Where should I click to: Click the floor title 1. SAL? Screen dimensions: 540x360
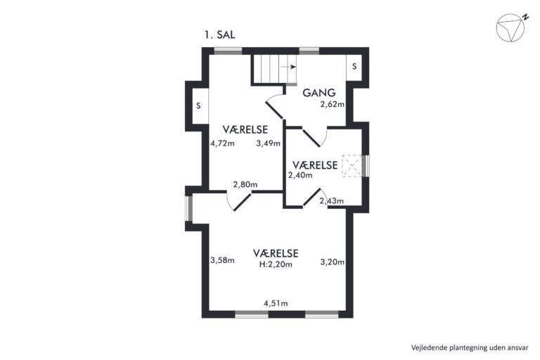[x=219, y=34]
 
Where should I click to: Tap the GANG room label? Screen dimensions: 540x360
[x=319, y=93]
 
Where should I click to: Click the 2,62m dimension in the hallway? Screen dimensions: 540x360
[x=333, y=104]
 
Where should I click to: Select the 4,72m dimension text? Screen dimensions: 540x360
[x=222, y=143]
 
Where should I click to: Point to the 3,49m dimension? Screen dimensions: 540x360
[x=269, y=143]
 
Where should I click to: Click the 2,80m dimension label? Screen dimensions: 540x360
[x=245, y=185]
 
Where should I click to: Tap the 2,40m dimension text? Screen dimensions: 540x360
[x=300, y=175]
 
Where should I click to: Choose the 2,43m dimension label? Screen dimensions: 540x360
[x=332, y=201]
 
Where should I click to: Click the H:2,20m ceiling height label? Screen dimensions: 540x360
[x=276, y=264]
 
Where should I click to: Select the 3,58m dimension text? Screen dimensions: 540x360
[x=222, y=260]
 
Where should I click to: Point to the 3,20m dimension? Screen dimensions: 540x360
[x=333, y=262]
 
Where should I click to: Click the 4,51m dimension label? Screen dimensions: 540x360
[x=276, y=304]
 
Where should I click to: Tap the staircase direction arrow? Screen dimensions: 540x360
[x=288, y=67]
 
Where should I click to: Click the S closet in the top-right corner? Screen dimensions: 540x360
[x=354, y=67]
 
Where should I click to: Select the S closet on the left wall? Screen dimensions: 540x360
[x=199, y=105]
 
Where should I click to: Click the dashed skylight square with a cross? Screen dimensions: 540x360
[x=352, y=166]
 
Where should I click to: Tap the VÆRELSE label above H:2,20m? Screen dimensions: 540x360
[x=276, y=254]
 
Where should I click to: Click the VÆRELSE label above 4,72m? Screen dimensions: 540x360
[x=245, y=129]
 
